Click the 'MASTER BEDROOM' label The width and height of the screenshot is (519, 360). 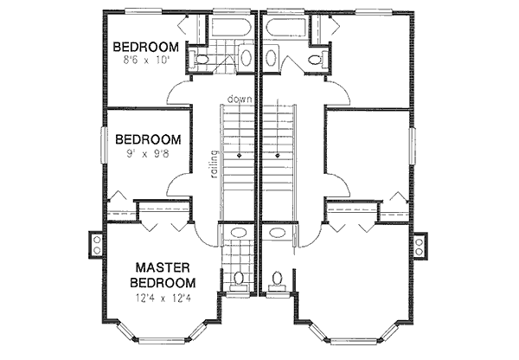[162, 274]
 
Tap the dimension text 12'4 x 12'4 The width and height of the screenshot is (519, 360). [162, 299]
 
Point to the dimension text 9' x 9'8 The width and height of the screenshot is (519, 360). [149, 155]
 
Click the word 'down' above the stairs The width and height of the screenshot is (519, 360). [240, 100]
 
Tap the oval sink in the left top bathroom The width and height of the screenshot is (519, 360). [246, 59]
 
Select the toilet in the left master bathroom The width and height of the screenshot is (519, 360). [239, 279]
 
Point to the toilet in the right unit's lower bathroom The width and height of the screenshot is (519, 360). [278, 279]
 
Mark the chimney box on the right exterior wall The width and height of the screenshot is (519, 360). [421, 244]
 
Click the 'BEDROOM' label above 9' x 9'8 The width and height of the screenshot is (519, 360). [148, 139]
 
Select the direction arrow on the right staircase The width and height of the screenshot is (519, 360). [278, 156]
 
